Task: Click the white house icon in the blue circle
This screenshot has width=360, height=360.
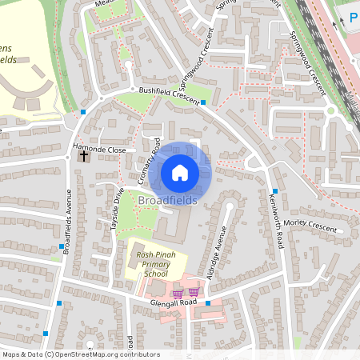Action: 180,172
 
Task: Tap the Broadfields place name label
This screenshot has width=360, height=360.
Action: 167,200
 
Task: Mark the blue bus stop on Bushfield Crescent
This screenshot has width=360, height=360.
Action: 204,102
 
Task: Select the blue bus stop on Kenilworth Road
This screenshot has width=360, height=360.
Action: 274,191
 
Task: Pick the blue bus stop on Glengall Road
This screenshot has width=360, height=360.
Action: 207,302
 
